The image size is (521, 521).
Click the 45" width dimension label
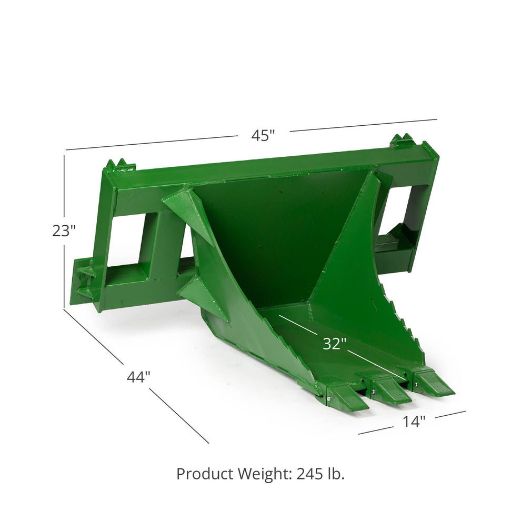263,136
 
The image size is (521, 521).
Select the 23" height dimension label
64,231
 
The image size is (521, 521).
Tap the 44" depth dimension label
138,377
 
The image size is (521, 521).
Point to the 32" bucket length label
334,344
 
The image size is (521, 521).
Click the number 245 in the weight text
310,474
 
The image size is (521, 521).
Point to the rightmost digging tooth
433,383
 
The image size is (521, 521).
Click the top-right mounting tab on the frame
403,141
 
